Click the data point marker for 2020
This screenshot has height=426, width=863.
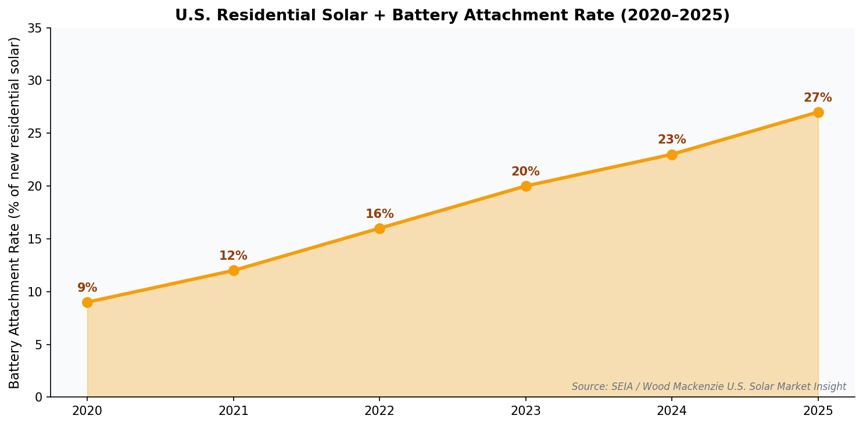(87, 302)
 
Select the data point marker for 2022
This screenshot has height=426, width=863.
(379, 228)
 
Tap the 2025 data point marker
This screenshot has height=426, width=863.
(818, 112)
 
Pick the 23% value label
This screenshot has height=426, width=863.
(672, 140)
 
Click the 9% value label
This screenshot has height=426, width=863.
(87, 288)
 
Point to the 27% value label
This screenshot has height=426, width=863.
(818, 98)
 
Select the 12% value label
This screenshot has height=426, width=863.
(233, 256)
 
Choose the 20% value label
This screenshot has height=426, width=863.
(525, 172)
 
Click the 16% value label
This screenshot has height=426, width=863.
(379, 214)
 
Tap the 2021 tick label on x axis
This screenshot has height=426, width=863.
(233, 411)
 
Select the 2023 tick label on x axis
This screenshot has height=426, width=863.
(525, 411)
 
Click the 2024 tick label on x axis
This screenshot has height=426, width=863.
(672, 411)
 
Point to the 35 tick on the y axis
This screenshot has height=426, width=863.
(39, 28)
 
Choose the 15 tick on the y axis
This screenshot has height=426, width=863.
(39, 239)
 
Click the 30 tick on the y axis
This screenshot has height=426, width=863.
(39, 81)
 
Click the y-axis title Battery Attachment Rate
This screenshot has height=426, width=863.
(15, 213)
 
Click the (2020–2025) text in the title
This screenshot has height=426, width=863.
(674, 16)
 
